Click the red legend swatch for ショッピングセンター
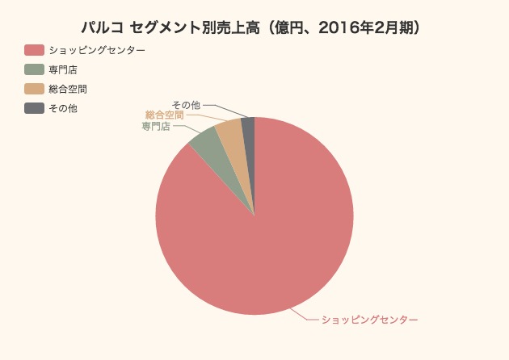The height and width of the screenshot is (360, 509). point(34,50)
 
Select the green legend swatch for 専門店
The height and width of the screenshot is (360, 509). point(34,69)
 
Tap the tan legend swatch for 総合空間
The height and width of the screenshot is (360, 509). point(34,89)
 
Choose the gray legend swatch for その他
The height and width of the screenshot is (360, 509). point(34,108)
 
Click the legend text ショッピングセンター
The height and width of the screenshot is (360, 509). point(97,50)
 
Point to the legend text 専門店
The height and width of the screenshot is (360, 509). point(63,69)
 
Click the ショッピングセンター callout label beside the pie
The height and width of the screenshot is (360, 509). point(369,320)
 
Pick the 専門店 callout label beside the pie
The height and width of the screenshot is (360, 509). point(156,126)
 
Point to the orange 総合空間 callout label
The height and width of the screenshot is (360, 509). point(164,115)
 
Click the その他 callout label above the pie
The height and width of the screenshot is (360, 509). point(186,104)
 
